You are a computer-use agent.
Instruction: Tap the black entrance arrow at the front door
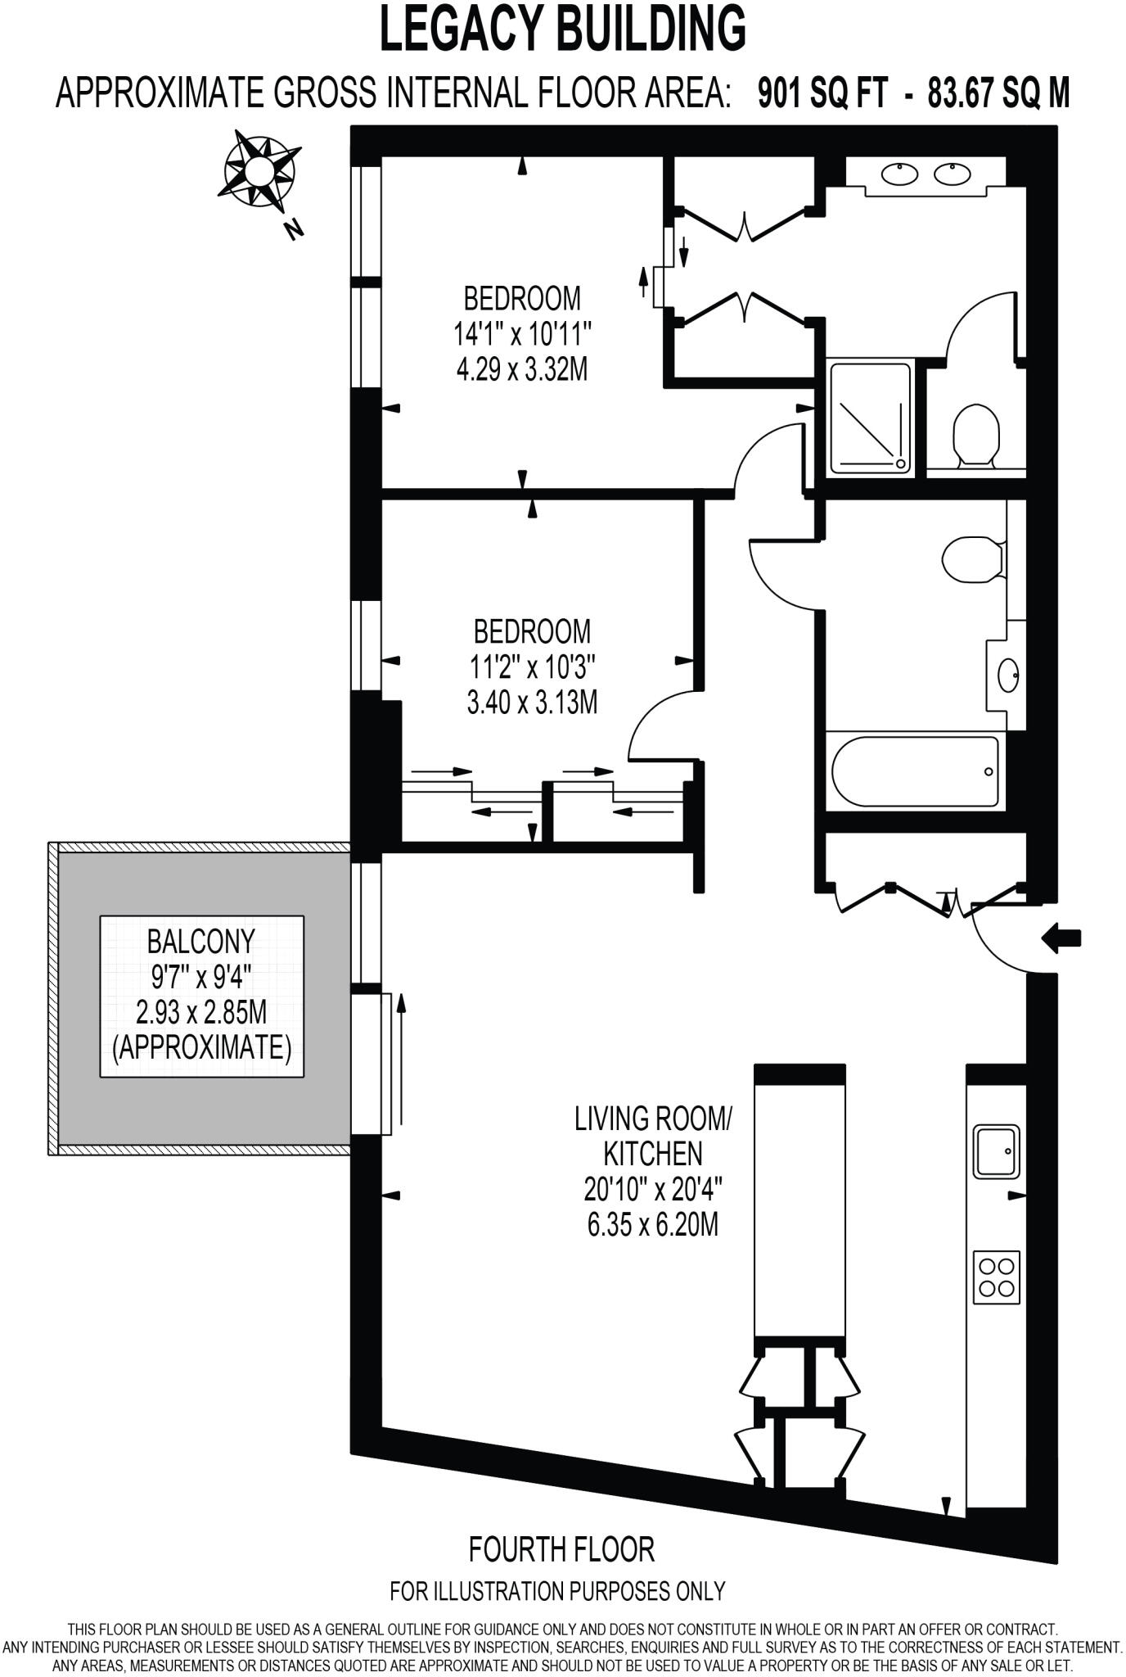coord(1062,938)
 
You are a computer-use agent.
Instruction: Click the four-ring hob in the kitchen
coord(997,1277)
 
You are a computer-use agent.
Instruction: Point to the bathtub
coord(915,772)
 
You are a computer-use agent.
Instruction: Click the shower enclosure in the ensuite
coord(870,418)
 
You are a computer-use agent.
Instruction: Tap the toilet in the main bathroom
coord(972,560)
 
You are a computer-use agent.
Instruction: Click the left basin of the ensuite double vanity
coord(900,174)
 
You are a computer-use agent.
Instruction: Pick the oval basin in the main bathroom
coord(1008,676)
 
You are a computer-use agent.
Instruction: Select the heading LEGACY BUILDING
coord(563,29)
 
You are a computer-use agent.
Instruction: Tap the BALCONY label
coord(201,942)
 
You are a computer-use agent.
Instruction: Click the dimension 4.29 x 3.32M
coord(522,369)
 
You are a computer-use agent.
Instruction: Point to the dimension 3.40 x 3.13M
coord(532,702)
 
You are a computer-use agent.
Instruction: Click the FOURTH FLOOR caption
coord(561,1549)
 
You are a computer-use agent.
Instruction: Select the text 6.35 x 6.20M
coord(652,1225)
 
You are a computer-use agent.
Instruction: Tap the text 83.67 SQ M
coord(998,93)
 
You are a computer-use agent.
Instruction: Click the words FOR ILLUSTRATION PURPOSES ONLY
coord(558,1591)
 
